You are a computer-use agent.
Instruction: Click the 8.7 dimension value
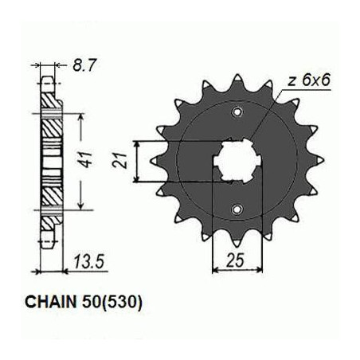84,65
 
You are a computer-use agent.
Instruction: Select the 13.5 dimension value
88,261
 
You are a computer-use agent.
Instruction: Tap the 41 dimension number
87,159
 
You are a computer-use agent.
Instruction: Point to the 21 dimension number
119,160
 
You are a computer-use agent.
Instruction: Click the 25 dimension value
235,260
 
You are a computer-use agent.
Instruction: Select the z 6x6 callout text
309,80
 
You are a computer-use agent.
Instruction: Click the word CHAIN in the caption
50,302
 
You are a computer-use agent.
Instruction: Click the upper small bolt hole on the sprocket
237,112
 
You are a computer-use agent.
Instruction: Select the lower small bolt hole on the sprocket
237,209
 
